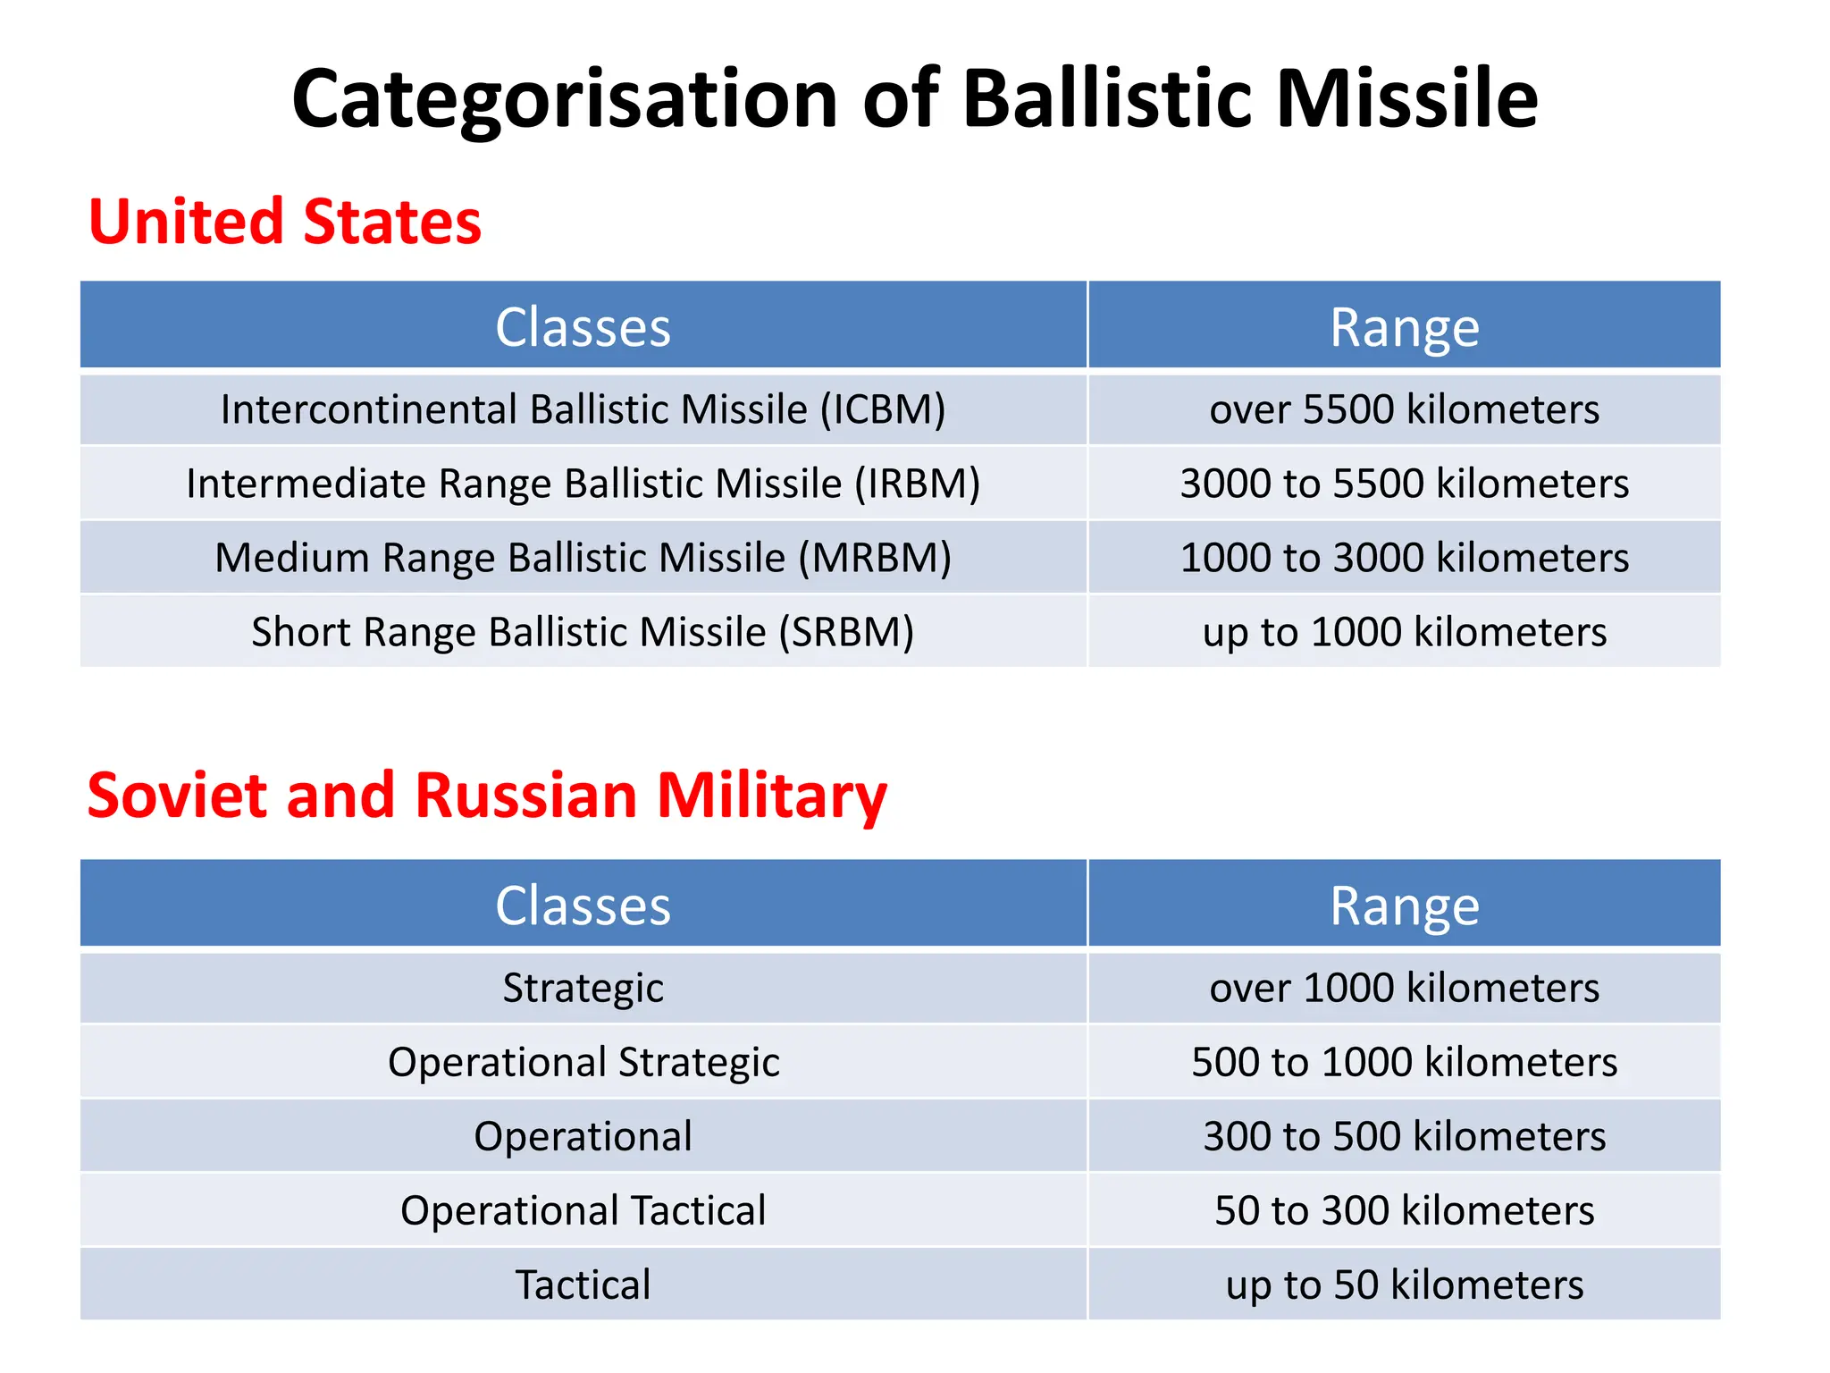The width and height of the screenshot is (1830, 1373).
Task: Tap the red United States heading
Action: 285,222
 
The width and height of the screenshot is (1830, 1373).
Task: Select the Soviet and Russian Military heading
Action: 487,795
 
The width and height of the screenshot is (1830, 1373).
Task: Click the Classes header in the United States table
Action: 583,327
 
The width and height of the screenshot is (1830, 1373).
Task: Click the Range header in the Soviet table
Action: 1404,906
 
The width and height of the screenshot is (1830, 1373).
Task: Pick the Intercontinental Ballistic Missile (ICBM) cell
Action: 583,409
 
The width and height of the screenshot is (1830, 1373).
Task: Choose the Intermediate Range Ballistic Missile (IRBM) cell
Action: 583,484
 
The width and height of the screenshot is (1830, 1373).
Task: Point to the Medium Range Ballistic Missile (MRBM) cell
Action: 583,558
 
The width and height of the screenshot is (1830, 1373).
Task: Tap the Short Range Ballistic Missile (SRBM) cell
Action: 583,632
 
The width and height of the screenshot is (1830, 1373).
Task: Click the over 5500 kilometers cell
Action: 1404,409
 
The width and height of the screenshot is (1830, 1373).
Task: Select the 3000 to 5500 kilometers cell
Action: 1404,484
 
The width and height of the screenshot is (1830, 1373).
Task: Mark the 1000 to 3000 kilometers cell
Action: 1404,558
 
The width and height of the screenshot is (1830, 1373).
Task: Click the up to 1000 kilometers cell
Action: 1404,632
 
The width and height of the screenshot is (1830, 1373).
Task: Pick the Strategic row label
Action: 583,988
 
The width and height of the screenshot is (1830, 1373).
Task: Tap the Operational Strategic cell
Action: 583,1062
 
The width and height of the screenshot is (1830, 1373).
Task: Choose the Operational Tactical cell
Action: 583,1210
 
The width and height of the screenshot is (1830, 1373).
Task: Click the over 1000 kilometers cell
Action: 1404,988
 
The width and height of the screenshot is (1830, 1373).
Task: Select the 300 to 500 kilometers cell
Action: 1404,1136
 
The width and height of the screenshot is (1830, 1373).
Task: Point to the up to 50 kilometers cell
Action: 1404,1285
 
